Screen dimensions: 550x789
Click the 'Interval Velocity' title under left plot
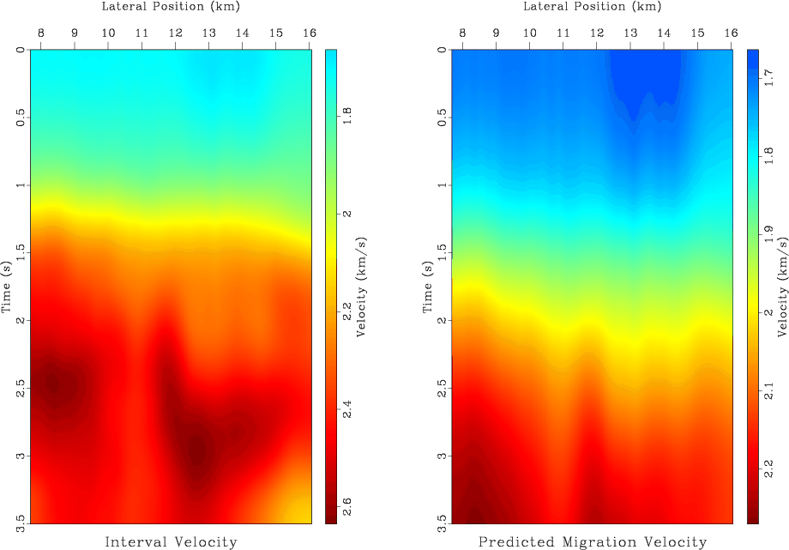click(x=171, y=541)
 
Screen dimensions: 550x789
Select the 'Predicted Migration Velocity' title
click(x=593, y=541)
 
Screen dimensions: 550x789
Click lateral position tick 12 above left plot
click(x=175, y=33)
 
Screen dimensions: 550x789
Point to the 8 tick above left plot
click(x=41, y=33)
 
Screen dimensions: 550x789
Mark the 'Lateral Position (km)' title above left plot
click(x=171, y=7)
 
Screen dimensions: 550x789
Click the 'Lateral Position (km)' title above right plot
click(x=593, y=7)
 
